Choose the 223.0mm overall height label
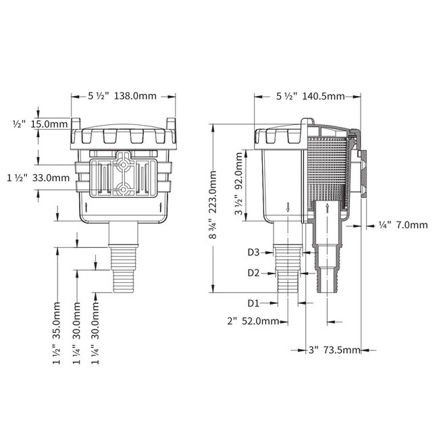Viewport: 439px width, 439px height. (213, 207)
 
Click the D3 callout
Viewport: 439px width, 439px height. (253, 253)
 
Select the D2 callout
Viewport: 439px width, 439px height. (253, 273)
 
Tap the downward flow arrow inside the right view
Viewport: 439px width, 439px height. (288, 207)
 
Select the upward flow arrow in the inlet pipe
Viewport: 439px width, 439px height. (328, 207)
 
